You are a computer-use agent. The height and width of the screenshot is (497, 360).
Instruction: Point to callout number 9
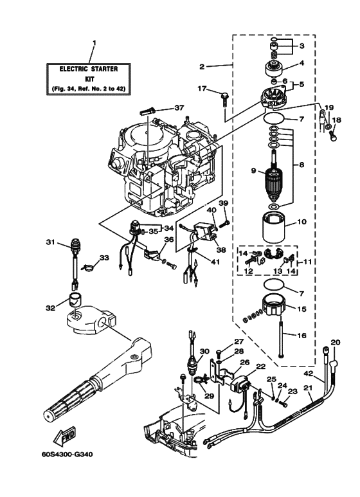click(254, 171)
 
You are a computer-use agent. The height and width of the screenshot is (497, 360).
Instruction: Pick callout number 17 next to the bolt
click(201, 89)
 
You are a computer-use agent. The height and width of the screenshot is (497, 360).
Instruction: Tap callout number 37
click(179, 107)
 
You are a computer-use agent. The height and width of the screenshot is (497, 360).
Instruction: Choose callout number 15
click(301, 309)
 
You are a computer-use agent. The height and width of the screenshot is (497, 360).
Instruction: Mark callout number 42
click(309, 373)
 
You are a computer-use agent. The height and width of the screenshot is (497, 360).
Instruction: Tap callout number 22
click(261, 366)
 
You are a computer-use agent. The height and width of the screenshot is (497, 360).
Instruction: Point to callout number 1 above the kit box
click(94, 43)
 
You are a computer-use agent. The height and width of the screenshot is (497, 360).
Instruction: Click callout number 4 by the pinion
click(302, 63)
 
